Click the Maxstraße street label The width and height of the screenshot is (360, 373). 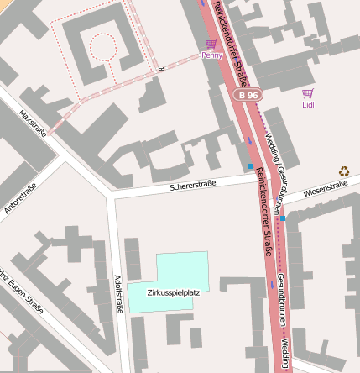coord(33,121)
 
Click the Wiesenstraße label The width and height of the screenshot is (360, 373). coord(325,191)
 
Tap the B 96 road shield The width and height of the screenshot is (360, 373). coord(247,97)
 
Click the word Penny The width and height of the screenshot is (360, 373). coord(212,55)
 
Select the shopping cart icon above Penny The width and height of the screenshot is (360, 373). coord(211,44)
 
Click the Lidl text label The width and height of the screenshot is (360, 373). coord(308,105)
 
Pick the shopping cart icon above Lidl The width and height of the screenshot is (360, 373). coord(308,94)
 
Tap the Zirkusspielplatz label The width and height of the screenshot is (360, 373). coord(173,293)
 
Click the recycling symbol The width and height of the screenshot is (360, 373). coord(343,171)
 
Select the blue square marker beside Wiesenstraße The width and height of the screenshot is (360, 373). coord(283,218)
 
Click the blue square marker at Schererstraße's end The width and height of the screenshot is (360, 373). coord(250,166)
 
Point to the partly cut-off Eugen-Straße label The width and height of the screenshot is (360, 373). coord(22,291)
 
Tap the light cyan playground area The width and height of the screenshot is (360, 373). coord(180,271)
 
